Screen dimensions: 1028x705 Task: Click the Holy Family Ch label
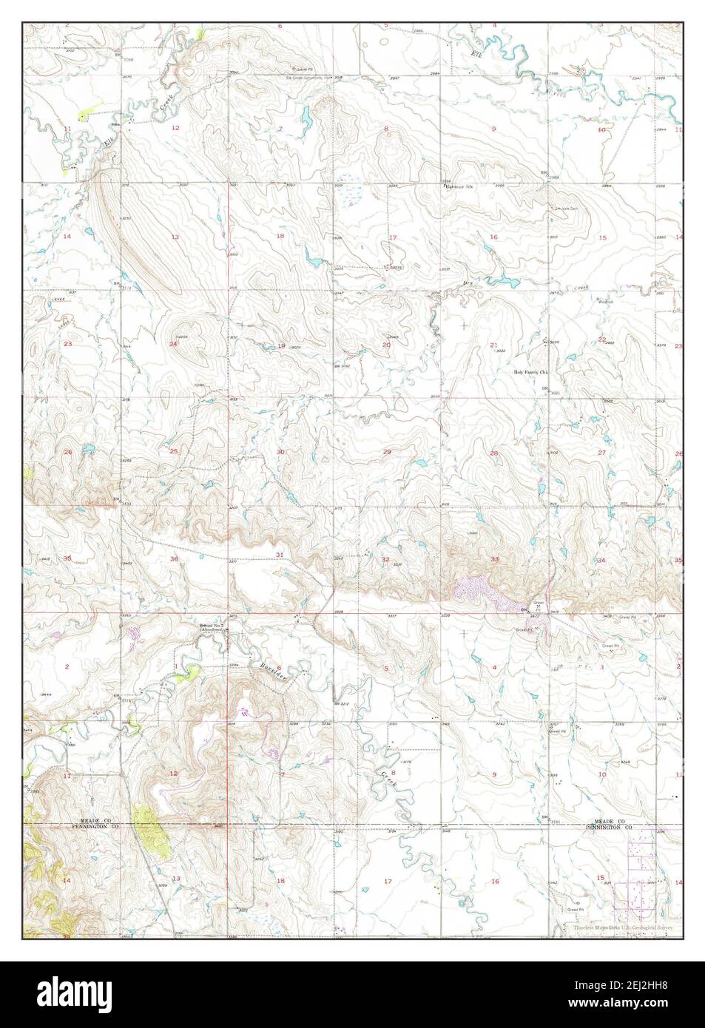click(x=531, y=373)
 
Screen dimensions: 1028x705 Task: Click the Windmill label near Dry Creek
click(x=607, y=300)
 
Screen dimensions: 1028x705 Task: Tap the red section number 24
click(x=173, y=344)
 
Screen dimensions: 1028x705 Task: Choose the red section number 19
click(x=280, y=346)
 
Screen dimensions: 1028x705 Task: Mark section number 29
click(x=387, y=451)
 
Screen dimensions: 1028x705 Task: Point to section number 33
click(x=494, y=559)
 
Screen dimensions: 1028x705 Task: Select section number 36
click(x=175, y=559)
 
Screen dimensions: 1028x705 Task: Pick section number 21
click(x=493, y=345)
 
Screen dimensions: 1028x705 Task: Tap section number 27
click(x=602, y=452)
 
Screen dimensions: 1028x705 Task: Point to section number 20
click(x=386, y=345)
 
